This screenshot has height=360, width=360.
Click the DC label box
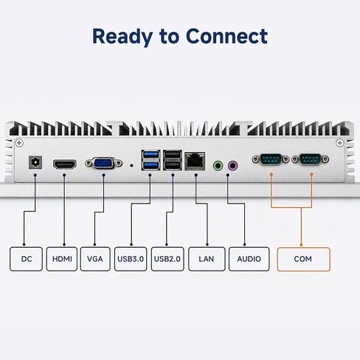(26, 259)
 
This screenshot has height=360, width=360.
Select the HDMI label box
(62, 259)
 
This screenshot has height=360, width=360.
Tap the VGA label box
(95, 259)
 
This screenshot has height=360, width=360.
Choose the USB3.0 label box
(131, 259)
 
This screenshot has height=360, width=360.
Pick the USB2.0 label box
(167, 259)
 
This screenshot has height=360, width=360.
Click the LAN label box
(207, 259)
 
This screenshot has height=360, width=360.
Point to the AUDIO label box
(249, 259)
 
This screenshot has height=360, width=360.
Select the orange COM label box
(303, 259)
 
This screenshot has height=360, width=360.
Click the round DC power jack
(35, 162)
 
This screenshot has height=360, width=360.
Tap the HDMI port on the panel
(65, 165)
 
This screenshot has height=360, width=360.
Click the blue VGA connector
(104, 163)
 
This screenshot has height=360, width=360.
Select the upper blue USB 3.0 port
(150, 155)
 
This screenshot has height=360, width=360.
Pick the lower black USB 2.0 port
(173, 165)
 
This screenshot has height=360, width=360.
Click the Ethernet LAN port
(195, 161)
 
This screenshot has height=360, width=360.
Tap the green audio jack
(218, 166)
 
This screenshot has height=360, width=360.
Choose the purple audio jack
(233, 166)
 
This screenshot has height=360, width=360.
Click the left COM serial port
(271, 159)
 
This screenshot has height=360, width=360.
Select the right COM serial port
(311, 159)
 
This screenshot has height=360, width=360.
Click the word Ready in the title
(122, 37)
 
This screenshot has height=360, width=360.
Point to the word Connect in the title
(226, 36)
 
